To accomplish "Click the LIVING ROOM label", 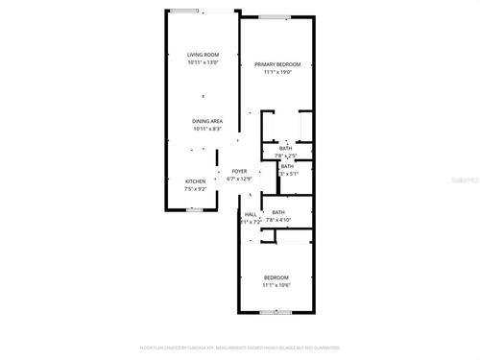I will pos(203,56).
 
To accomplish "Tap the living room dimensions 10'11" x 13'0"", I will pos(203,63).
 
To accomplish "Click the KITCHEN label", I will pos(195,180).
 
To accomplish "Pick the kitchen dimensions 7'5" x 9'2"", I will pos(195,188).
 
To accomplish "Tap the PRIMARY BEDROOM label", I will pos(277,64).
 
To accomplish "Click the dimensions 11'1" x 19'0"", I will pos(277,72).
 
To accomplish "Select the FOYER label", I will pos(239,171).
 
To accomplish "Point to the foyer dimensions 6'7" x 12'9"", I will pos(239,179).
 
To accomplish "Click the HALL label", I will pos(251,214).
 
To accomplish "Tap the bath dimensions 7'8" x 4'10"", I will pos(278,221).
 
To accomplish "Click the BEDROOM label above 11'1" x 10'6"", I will pos(276,277).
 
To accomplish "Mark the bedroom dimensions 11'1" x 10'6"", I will pos(276,285).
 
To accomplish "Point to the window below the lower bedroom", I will pos(276,312).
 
